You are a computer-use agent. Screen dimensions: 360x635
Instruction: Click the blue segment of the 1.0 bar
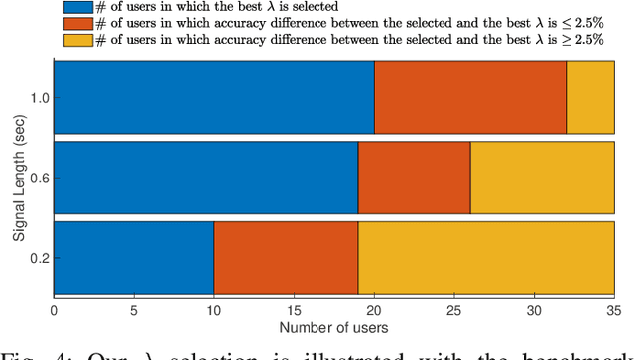(213, 97)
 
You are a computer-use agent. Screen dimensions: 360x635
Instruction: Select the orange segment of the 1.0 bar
(470, 97)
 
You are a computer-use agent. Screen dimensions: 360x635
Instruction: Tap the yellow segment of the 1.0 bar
(590, 97)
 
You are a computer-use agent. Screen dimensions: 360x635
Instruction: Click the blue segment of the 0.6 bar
(205, 178)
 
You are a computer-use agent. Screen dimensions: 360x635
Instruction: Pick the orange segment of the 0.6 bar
(414, 178)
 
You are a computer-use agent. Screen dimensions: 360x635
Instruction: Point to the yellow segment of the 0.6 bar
(543, 178)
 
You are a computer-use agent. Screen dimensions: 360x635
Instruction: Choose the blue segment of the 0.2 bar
(133, 258)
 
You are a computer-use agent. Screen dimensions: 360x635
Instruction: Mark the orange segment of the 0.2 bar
(286, 258)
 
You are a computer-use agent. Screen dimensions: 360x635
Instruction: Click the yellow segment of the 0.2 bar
(486, 258)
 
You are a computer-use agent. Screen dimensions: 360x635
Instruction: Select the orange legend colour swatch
(70, 23)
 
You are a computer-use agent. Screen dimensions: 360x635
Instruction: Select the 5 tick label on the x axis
(133, 310)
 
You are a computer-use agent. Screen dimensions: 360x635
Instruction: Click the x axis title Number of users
(333, 327)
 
